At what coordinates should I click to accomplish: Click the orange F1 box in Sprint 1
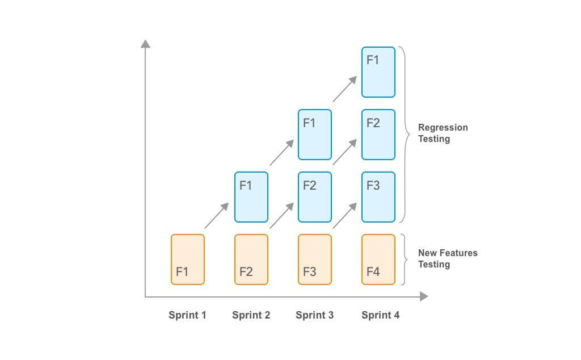coord(187,259)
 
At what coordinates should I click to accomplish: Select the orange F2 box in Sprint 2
coord(251,259)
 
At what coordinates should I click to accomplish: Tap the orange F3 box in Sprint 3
coord(314,259)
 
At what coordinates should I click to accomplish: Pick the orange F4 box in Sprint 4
coord(378,259)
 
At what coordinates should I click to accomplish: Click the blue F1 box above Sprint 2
coord(251,197)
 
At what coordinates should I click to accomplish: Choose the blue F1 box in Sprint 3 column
coord(314,135)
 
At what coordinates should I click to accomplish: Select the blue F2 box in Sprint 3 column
coord(314,197)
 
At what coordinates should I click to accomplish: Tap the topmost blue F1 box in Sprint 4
coord(378,72)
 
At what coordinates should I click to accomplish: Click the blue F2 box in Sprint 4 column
coord(378,135)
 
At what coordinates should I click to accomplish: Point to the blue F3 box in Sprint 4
coord(378,197)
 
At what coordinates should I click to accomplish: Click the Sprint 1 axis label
coord(187,315)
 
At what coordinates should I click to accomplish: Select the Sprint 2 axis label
coord(251,315)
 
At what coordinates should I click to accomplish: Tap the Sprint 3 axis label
coord(314,315)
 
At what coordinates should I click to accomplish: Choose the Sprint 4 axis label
coord(380,315)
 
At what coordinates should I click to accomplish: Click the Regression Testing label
coord(443,133)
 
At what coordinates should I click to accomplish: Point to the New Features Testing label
coord(447,258)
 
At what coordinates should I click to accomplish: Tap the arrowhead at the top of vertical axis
coord(146,44)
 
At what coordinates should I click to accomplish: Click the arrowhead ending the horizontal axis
coord(423,296)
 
